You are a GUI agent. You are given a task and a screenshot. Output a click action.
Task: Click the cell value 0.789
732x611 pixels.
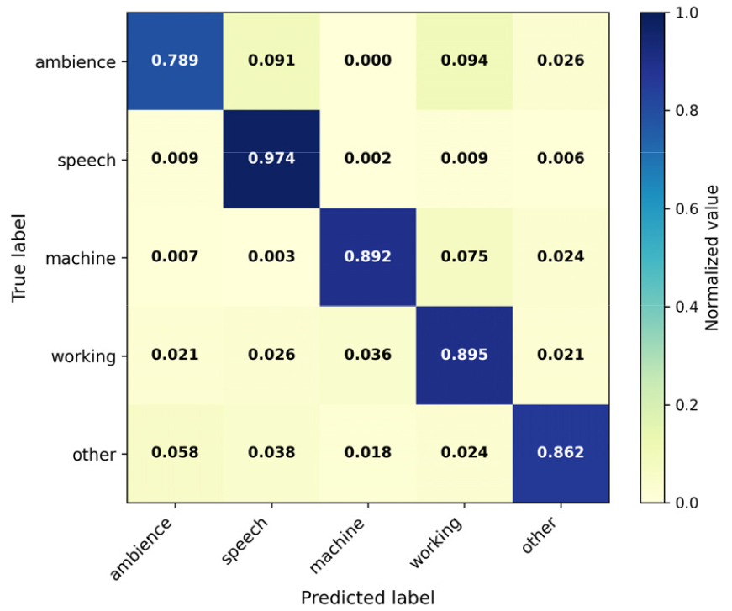[x=175, y=61]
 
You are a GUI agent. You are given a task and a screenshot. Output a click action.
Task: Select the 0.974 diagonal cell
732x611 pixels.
[x=271, y=158]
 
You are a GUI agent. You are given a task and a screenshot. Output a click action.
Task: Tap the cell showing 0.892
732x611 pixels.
[x=368, y=256]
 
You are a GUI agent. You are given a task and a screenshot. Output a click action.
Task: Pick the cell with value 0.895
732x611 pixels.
[x=465, y=355]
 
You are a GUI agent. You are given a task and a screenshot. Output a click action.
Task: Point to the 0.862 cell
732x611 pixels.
[x=561, y=452]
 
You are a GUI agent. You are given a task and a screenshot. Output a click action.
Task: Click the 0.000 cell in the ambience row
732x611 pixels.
[x=368, y=61]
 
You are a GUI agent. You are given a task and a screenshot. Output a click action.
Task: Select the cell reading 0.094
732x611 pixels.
[x=465, y=61]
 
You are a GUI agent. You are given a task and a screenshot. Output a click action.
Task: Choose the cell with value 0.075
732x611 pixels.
[x=465, y=256]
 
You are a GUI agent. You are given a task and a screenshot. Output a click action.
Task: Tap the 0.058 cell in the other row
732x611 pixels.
[x=175, y=452]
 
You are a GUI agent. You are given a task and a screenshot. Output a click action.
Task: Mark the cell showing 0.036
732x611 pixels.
[x=368, y=355]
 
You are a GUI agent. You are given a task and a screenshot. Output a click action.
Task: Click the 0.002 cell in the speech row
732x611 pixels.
[x=368, y=158]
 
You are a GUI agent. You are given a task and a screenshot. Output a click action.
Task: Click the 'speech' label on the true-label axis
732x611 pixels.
[x=87, y=161]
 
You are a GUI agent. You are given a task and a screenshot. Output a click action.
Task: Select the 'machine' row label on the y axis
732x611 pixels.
[x=81, y=258]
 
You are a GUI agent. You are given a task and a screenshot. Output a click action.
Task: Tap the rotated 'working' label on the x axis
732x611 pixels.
[x=436, y=543]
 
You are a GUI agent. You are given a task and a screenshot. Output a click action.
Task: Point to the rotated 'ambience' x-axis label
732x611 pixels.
[x=141, y=549]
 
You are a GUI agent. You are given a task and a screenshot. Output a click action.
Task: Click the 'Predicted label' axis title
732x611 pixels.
[x=368, y=598]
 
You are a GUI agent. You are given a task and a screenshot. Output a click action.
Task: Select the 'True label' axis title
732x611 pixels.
[x=18, y=258]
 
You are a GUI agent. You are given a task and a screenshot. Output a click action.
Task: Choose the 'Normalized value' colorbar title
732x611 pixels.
[x=711, y=258]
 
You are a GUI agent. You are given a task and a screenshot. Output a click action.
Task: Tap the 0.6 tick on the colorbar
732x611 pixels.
[x=687, y=208]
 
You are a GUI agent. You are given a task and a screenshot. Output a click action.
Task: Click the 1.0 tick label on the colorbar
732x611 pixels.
[x=687, y=13]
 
